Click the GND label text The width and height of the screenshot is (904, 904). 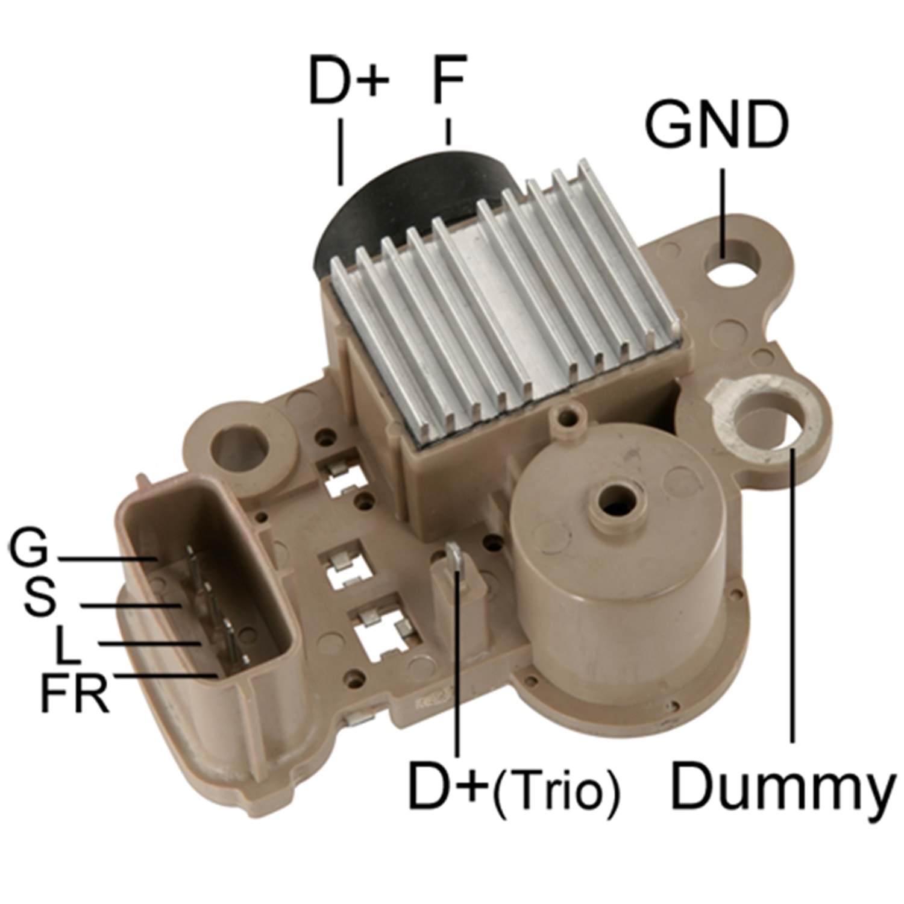click(717, 125)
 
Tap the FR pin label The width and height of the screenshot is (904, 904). click(74, 693)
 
